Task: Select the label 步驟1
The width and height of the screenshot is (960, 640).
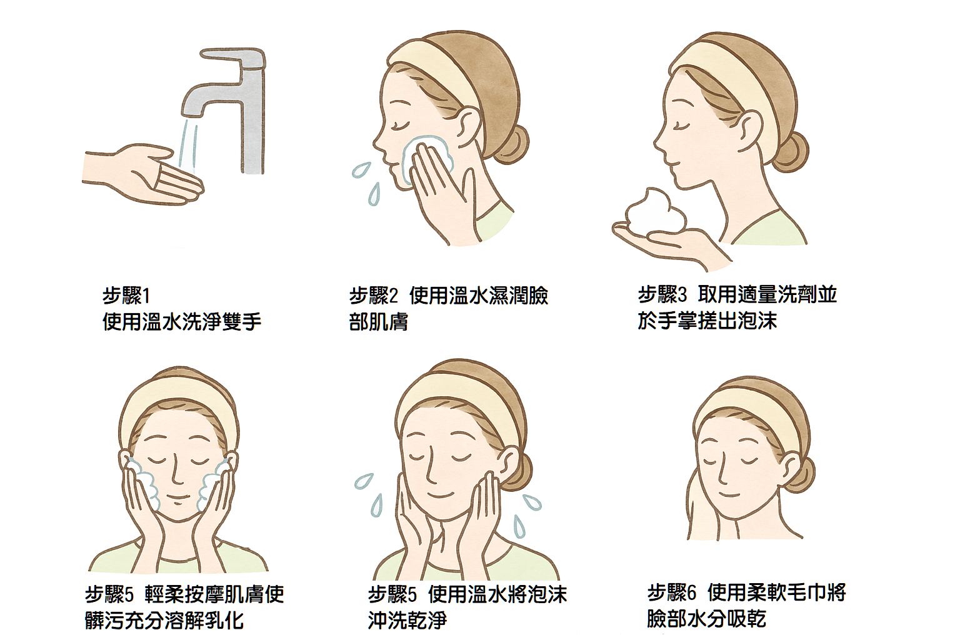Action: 126,296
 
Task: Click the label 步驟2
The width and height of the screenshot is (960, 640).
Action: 373,296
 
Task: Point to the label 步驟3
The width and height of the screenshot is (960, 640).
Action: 662,294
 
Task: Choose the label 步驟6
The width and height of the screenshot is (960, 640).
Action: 672,593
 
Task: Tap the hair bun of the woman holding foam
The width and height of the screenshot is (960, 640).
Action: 791,152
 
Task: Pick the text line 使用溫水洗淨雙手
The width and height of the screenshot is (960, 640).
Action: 182,321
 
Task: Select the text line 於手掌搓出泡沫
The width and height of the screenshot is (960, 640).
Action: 707,321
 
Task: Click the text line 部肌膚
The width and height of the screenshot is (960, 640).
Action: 378,322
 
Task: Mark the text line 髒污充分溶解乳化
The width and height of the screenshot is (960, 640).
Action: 164,620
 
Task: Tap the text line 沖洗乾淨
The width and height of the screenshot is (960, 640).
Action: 407,620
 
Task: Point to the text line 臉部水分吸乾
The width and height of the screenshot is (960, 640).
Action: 707,619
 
